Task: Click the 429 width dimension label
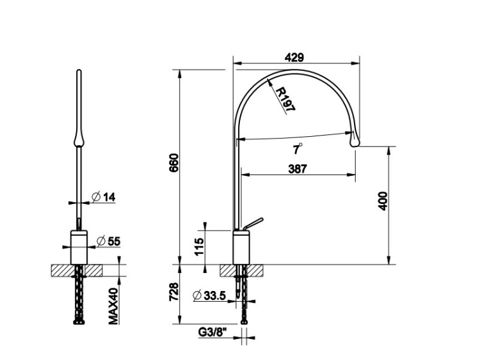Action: [294, 58]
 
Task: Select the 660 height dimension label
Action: [173, 162]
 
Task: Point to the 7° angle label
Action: [297, 149]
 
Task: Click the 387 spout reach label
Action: [298, 169]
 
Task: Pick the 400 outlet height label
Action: [383, 201]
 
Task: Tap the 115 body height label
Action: [199, 247]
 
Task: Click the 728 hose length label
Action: [173, 292]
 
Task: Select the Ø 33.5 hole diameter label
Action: [210, 295]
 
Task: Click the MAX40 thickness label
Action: [113, 306]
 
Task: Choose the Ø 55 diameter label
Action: [108, 241]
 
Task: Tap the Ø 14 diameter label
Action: [104, 197]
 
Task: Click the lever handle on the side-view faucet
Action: [253, 223]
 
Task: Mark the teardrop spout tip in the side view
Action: [355, 139]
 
